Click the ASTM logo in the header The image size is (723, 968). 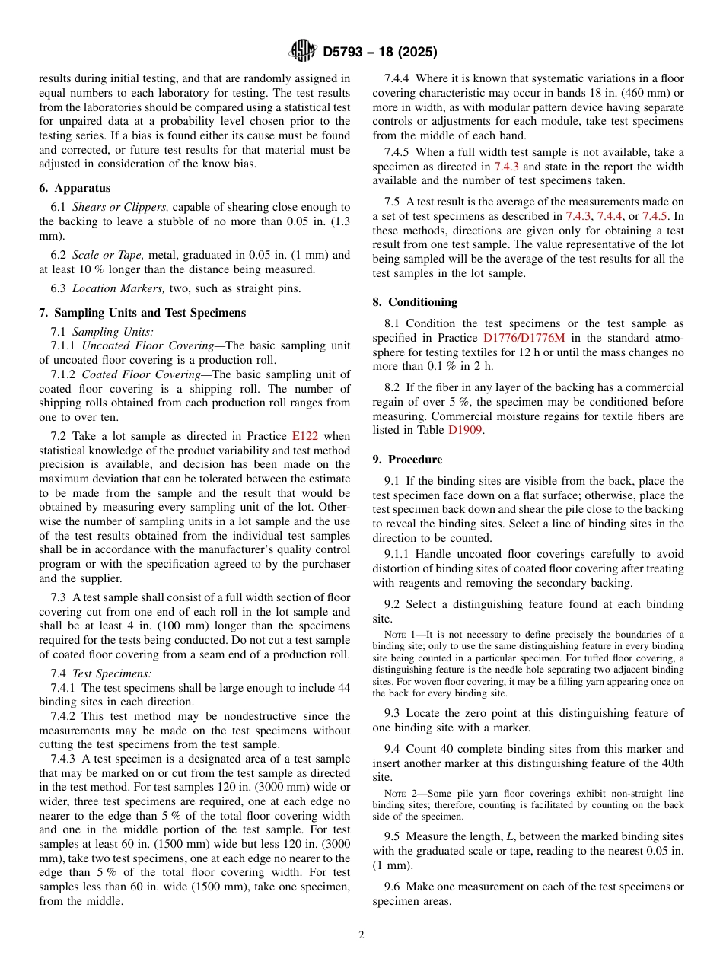pyautogui.click(x=302, y=52)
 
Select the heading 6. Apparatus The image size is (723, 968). pyautogui.click(x=75, y=188)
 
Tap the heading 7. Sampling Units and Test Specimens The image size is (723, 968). pyautogui.click(x=142, y=313)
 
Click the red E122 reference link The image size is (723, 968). pyautogui.click(x=304, y=436)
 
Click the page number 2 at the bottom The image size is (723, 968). pyautogui.click(x=361, y=935)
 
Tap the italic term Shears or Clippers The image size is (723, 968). pyautogui.click(x=120, y=207)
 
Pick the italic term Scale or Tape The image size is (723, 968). pyautogui.click(x=106, y=255)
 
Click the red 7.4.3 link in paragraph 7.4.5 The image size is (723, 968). pyautogui.click(x=506, y=167)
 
